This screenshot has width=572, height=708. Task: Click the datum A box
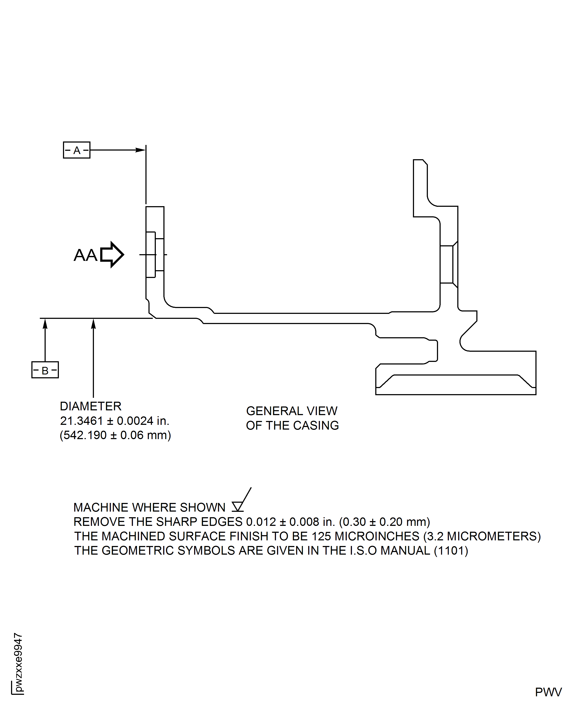(x=76, y=150)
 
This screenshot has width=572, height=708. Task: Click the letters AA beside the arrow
(x=85, y=255)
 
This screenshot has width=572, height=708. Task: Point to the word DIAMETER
(x=91, y=406)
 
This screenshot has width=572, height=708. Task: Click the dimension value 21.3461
(x=81, y=421)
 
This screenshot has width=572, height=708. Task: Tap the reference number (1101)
(x=451, y=551)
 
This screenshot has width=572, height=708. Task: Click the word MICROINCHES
(x=376, y=536)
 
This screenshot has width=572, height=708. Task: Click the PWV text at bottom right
(x=548, y=692)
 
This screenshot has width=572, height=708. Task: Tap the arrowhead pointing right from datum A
(x=141, y=150)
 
